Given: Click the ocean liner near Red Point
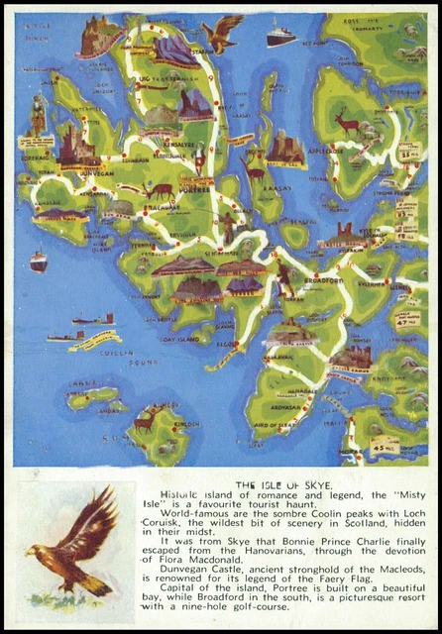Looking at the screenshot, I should pyautogui.click(x=280, y=37).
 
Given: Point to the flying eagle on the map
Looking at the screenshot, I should pyautogui.click(x=225, y=32).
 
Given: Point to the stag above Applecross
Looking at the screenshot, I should pyautogui.click(x=347, y=122).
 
